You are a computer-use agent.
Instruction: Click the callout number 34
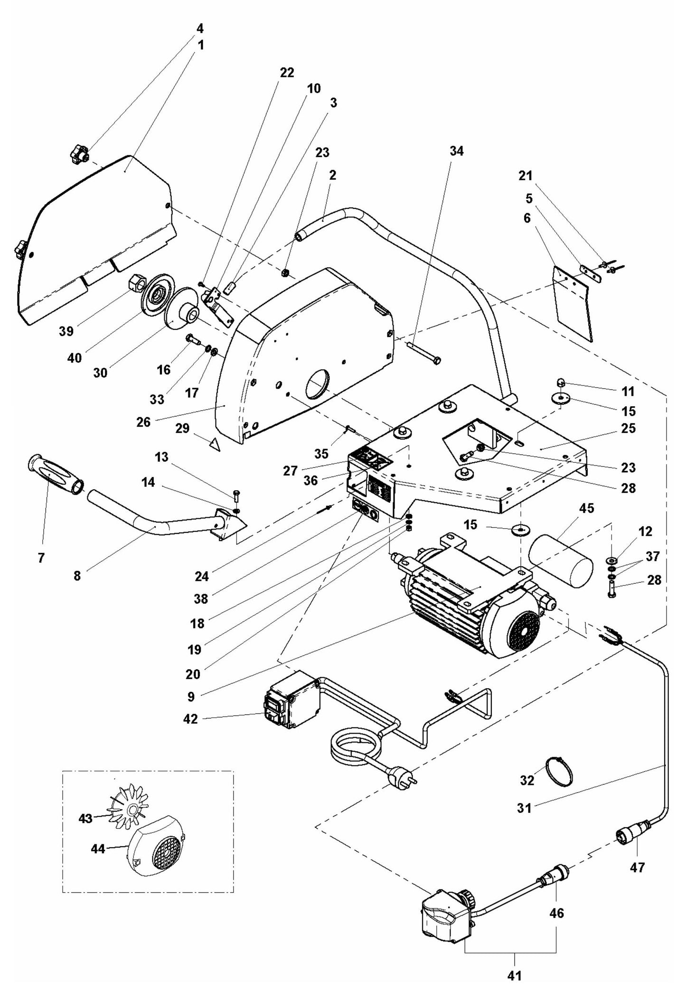[456, 151]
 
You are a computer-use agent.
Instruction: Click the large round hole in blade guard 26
[316, 383]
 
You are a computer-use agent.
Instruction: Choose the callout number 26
[143, 421]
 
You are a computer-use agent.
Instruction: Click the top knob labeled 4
[78, 155]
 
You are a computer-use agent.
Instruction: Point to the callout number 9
[191, 696]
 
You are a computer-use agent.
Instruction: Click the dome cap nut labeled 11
[560, 382]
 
